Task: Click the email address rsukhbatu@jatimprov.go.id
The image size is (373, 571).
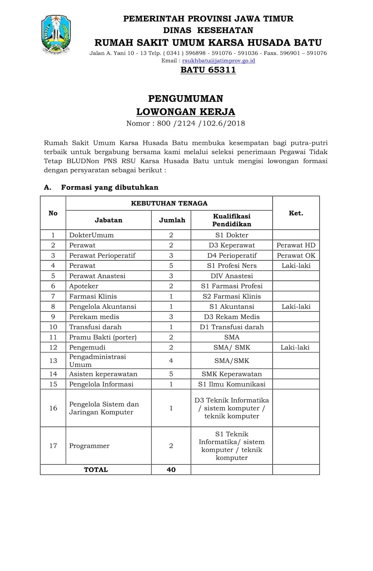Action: tap(218, 61)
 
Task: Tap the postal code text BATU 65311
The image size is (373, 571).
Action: tap(208, 70)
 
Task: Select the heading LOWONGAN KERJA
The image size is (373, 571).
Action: tap(186, 112)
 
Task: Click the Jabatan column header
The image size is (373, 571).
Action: tap(108, 220)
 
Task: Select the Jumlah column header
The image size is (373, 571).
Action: tap(172, 220)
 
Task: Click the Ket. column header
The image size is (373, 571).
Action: tap(296, 213)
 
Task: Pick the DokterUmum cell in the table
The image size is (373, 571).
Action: tap(91, 235)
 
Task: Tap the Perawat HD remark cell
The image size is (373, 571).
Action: tap(296, 245)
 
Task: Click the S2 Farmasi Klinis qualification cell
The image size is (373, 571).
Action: tap(231, 296)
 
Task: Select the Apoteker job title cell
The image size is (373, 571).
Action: tap(84, 286)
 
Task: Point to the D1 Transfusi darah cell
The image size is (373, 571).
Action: tap(231, 327)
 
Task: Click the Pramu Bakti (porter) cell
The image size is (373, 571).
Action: tap(103, 337)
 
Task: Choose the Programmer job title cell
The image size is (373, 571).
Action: tap(89, 446)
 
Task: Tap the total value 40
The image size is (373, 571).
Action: tap(171, 470)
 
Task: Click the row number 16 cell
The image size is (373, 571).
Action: tap(53, 408)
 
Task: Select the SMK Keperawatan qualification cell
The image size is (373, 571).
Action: tap(231, 374)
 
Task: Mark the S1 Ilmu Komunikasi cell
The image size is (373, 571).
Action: tap(231, 384)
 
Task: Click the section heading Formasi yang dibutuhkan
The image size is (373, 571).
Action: tap(109, 187)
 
